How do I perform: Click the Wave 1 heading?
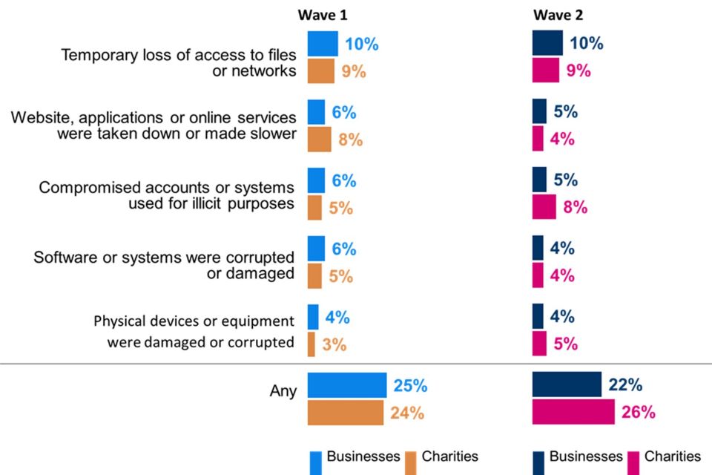click(321, 16)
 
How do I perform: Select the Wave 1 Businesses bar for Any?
click(347, 386)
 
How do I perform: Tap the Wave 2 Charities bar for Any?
click(573, 412)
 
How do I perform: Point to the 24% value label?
click(406, 413)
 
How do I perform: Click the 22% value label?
click(624, 385)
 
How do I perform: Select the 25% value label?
click(409, 386)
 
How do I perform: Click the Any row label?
click(283, 391)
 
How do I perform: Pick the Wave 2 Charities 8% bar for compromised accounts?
click(544, 207)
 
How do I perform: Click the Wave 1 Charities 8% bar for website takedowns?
click(320, 140)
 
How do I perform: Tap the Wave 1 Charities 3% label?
click(334, 345)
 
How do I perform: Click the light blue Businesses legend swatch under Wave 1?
click(314, 462)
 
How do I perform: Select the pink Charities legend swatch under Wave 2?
click(633, 462)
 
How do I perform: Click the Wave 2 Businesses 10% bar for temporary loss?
click(547, 44)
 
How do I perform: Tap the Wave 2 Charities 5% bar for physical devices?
click(539, 344)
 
